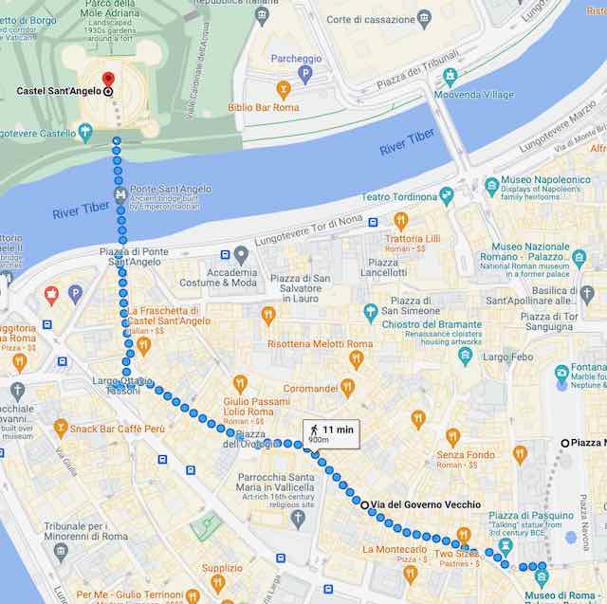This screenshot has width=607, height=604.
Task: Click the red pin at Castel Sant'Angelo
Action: click(108, 80)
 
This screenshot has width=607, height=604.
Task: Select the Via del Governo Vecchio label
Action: click(425, 504)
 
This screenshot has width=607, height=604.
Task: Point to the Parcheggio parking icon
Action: click(304, 74)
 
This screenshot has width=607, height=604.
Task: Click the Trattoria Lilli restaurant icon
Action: click(401, 221)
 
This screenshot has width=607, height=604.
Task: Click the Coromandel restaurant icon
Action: click(348, 387)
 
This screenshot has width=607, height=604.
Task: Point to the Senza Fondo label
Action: click(466, 455)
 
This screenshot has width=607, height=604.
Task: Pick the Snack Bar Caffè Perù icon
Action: click(61, 428)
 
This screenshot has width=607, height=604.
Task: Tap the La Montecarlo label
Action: click(395, 550)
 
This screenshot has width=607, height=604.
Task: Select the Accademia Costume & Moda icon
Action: click(241, 255)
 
